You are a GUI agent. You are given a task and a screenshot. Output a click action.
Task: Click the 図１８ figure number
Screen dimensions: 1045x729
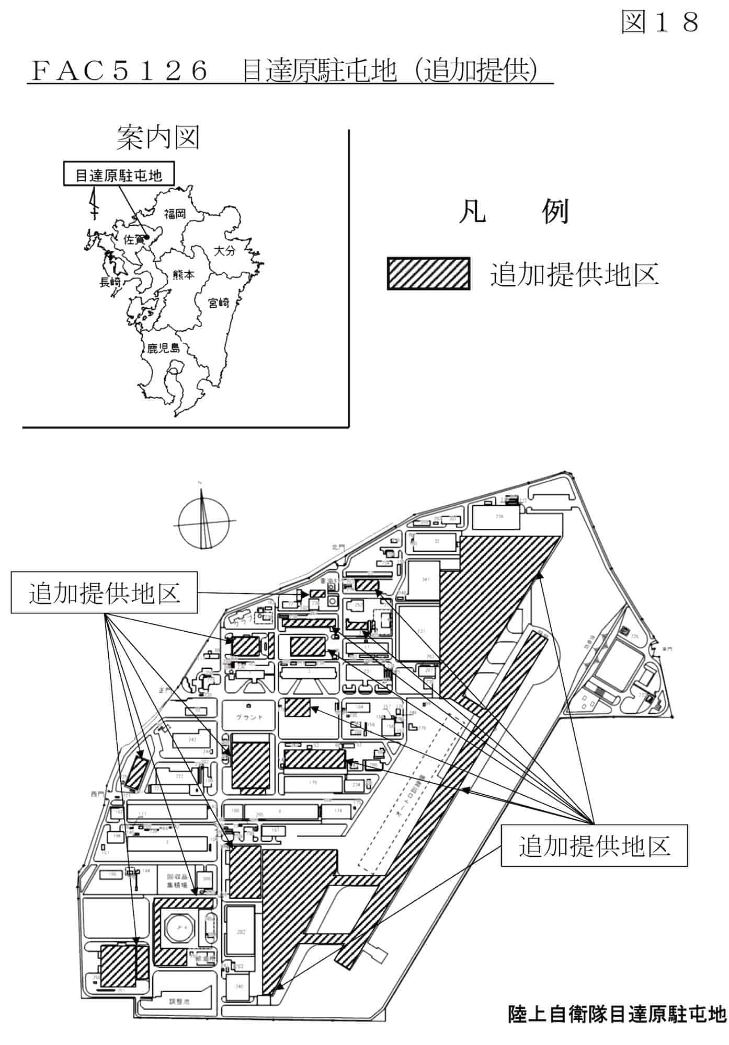tap(660, 22)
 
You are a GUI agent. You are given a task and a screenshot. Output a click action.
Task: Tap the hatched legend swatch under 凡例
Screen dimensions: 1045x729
tap(428, 273)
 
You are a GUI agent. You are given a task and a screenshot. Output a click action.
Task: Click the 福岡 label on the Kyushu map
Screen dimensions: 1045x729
tap(175, 213)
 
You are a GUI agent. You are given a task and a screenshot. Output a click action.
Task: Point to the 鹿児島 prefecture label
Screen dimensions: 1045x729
tap(163, 348)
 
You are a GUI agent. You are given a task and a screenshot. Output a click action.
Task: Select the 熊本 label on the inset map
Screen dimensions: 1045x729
tap(183, 274)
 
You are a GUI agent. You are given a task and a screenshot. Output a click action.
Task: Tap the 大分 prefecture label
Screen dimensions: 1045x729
tap(225, 250)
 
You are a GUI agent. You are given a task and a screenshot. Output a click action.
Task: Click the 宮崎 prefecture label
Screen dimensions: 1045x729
tap(219, 303)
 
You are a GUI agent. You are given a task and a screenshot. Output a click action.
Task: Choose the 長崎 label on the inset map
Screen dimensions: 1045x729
tap(110, 282)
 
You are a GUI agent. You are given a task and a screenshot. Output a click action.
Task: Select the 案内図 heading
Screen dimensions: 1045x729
tap(158, 137)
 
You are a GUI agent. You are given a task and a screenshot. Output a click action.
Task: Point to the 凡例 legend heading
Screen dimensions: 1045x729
tap(513, 212)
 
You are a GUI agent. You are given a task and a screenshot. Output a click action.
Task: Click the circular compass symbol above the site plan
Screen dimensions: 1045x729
tap(203, 522)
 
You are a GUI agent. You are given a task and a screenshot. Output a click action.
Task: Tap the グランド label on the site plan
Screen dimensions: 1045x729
tap(249, 717)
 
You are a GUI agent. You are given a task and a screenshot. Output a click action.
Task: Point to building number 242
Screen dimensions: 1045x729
tap(192, 740)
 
